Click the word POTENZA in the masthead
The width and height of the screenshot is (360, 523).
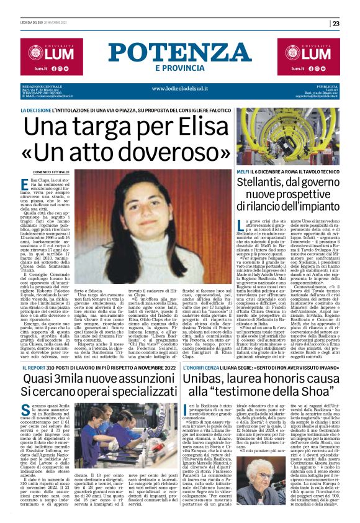pos(179,53)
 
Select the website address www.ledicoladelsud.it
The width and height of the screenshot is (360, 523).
pos(179,88)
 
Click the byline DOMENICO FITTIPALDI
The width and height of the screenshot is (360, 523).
pos(51,171)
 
